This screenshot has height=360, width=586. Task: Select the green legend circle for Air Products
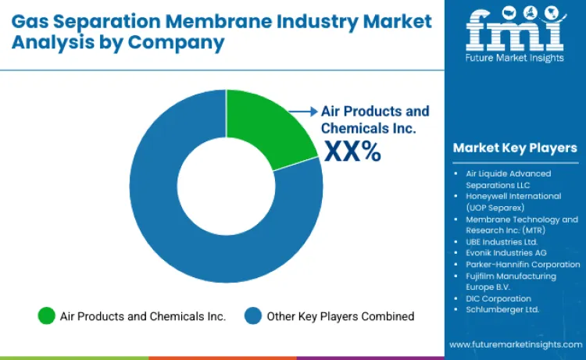(x=46, y=315)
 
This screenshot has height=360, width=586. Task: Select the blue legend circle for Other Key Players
(x=252, y=315)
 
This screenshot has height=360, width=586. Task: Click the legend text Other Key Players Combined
(x=340, y=316)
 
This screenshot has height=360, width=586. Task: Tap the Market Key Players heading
(x=514, y=148)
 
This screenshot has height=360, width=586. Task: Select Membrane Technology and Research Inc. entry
(x=516, y=225)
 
